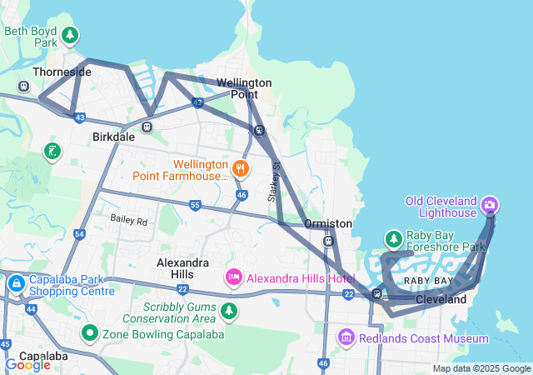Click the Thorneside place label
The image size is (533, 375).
(62, 72)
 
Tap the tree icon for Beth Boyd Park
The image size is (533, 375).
(71, 35)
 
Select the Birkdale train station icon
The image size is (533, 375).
(147, 127)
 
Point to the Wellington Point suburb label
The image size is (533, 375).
(244, 88)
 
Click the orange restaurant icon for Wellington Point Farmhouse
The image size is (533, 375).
(240, 167)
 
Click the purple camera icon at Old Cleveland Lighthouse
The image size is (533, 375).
(490, 204)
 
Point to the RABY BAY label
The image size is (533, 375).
(428, 281)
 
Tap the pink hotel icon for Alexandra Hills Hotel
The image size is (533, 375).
(234, 276)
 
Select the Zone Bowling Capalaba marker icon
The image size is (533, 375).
(90, 333)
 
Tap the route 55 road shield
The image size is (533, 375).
(195, 204)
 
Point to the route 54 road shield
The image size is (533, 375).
(79, 234)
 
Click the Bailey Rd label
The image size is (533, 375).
(129, 222)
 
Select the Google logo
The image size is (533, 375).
(27, 364)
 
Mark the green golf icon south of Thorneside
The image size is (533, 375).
(52, 152)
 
